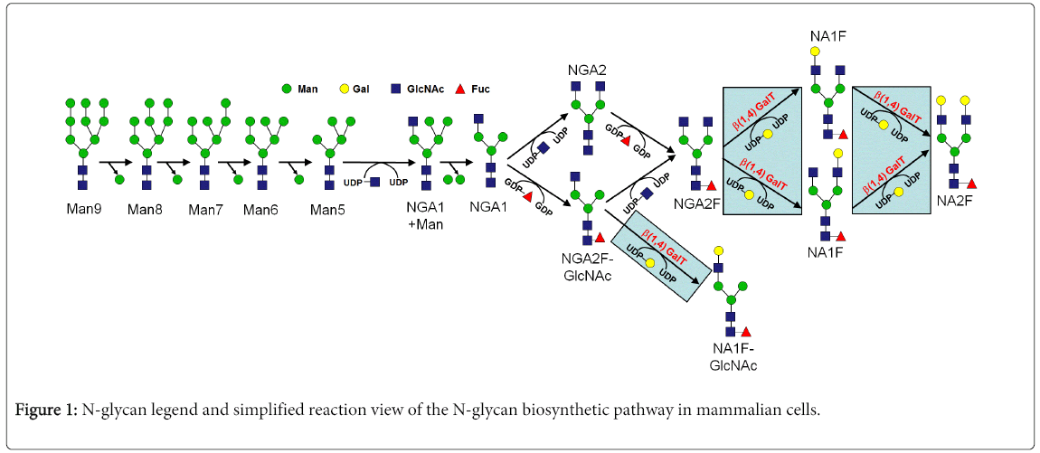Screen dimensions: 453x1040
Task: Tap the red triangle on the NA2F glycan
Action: click(972, 184)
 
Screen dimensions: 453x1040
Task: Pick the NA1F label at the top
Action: click(827, 36)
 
